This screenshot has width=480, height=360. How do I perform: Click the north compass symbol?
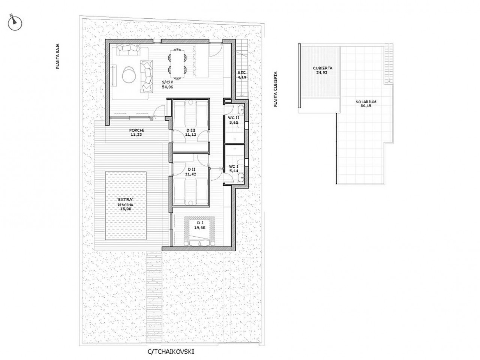tap(15, 23)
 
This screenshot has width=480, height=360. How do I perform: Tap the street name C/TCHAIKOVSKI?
tap(171, 351)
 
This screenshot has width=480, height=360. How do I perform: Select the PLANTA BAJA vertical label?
tap(57, 56)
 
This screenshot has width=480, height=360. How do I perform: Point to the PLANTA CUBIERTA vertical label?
tap(275, 89)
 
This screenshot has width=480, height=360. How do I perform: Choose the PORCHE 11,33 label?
tap(136, 132)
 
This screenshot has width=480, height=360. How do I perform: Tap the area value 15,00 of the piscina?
tap(126, 209)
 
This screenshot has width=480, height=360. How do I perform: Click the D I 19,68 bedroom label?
tap(199, 225)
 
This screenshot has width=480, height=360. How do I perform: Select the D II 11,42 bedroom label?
tap(191, 172)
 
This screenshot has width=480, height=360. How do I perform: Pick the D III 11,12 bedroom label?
tap(190, 132)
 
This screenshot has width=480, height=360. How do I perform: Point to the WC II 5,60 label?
tap(234, 120)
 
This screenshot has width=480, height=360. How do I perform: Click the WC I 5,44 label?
tap(234, 168)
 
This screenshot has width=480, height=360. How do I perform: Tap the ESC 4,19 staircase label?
tap(242, 75)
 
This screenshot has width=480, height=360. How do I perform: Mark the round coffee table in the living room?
tap(129, 75)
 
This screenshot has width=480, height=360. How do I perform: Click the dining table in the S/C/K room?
tap(178, 64)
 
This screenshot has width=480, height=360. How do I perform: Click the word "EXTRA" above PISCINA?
tap(126, 200)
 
